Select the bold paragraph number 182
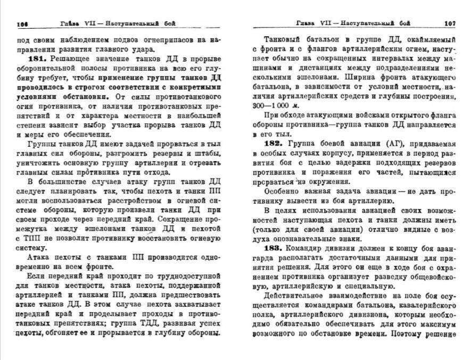click(276, 144)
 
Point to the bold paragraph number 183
click(276, 248)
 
